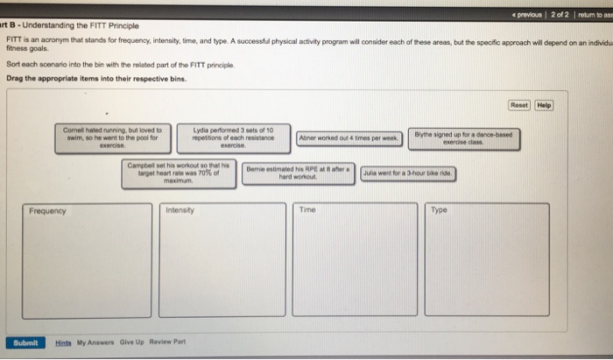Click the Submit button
[x=25, y=342]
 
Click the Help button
[x=544, y=106]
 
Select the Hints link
[x=63, y=342]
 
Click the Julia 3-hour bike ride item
[x=407, y=173]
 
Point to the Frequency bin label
[x=47, y=211]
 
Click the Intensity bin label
[x=180, y=211]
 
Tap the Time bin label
[x=306, y=210]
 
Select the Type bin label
[x=439, y=210]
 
